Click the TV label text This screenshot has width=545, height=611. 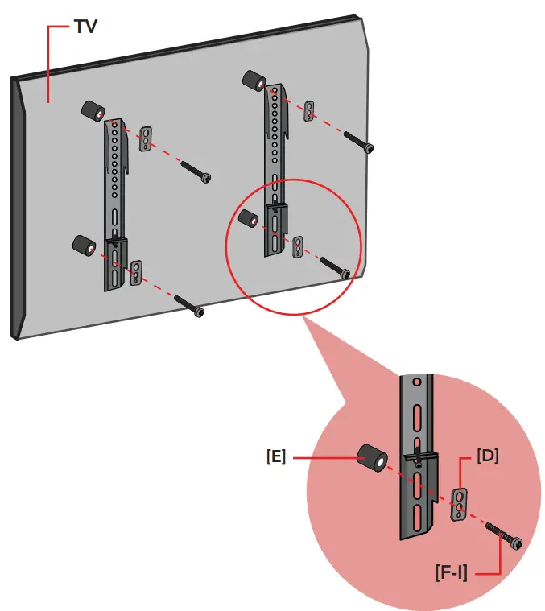86,26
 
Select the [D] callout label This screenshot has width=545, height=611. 487,456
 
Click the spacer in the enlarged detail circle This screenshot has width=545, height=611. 371,458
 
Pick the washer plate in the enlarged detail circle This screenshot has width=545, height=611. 458,504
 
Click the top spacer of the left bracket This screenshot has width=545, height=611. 91,112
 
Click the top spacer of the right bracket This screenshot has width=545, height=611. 255,81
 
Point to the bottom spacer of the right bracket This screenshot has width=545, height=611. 249,218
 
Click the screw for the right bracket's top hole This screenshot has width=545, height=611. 357,142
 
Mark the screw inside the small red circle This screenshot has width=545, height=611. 334,268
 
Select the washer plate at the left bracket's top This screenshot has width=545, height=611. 147,138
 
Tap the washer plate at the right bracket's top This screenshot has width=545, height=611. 309,111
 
